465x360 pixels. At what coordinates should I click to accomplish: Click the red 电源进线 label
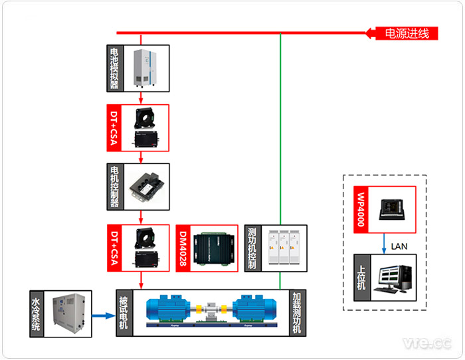tap(407, 33)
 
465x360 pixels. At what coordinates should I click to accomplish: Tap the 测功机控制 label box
tap(252, 248)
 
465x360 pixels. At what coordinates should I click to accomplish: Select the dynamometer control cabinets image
tap(283, 248)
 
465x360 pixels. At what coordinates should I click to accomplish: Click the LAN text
tap(399, 246)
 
